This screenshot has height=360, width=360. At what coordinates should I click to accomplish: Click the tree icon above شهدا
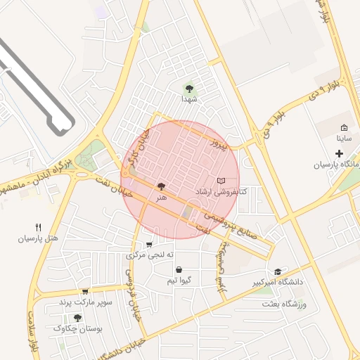[188, 89]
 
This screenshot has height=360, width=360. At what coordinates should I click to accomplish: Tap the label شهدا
[188, 100]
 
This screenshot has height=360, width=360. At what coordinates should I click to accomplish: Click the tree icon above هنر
[162, 186]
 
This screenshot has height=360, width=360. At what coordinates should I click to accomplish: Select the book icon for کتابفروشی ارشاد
[222, 181]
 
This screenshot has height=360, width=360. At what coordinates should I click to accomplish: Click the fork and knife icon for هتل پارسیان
[39, 227]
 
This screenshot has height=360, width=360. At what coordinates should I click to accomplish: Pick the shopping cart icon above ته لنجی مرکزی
[149, 245]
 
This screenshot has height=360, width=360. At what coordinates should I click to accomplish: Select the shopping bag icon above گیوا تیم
[179, 269]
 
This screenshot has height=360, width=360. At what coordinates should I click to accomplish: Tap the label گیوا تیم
[179, 281]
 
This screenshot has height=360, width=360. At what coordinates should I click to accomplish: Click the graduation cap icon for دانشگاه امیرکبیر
[278, 271]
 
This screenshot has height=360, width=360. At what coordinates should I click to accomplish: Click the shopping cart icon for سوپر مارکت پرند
[85, 292]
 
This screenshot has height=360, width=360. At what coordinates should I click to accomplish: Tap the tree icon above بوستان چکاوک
[77, 318]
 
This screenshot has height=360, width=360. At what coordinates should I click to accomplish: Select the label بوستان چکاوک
[77, 329]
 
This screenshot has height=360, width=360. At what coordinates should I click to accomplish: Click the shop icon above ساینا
[343, 128]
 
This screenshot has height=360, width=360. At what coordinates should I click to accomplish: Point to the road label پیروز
[221, 146]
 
